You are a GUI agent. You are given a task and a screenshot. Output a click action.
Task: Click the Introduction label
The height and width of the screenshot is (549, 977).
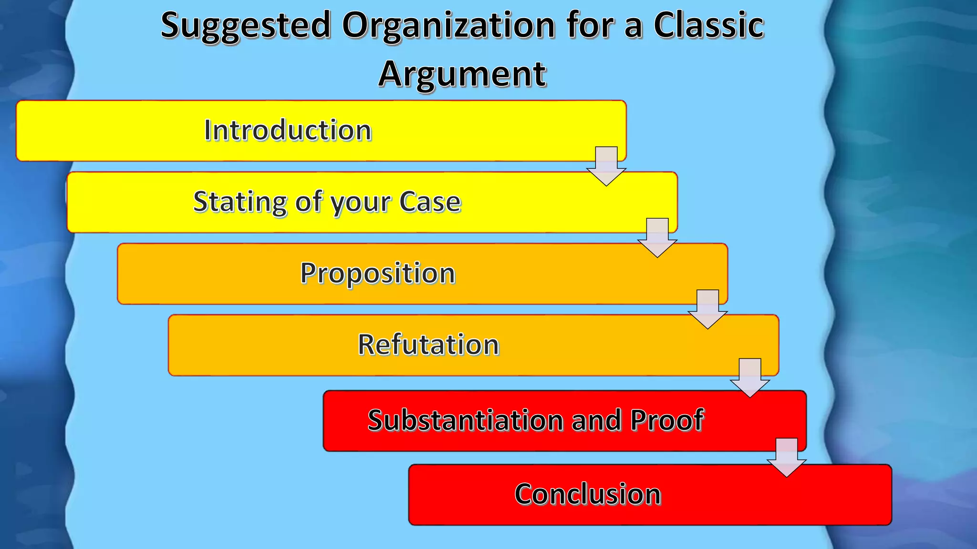point(288,130)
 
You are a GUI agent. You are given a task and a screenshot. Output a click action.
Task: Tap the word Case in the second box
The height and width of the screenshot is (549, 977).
point(430,202)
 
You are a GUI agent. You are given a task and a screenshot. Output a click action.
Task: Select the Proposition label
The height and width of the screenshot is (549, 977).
point(378,274)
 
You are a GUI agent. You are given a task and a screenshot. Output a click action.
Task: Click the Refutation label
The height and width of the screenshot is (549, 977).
point(428,345)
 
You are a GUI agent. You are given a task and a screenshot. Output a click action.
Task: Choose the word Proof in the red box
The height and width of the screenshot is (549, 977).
point(667,420)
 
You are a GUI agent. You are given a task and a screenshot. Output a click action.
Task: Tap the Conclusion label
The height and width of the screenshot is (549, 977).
point(588,494)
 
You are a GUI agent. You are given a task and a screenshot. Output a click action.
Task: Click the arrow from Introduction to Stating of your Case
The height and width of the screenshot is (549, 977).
point(606,166)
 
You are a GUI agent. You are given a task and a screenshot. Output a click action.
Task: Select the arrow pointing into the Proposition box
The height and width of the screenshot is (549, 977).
point(657,238)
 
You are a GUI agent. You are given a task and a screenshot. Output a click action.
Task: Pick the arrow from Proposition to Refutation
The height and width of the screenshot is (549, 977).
point(708,309)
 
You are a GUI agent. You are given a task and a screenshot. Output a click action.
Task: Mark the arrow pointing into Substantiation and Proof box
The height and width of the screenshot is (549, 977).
point(750,378)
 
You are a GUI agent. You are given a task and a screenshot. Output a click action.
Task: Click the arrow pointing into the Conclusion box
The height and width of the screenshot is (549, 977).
point(787,457)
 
